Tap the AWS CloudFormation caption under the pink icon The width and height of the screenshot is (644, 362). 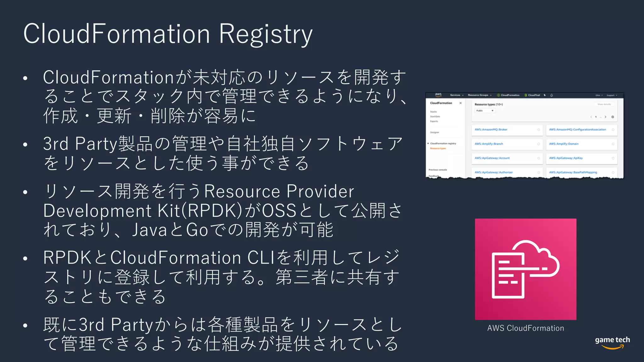[525, 328]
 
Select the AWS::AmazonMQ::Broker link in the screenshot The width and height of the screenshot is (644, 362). [491, 129]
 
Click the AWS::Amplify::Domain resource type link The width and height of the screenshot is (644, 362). [563, 144]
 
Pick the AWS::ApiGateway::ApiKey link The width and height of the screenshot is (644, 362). [566, 158]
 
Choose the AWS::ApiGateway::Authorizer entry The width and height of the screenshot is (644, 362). [493, 173]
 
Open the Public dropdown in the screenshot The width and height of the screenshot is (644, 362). [485, 111]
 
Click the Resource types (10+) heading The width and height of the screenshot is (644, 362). [489, 104]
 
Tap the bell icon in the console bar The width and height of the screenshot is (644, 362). [552, 95]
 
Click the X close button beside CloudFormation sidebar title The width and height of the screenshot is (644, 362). [460, 103]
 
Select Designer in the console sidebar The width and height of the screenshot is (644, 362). [434, 133]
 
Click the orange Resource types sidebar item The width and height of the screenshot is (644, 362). [438, 148]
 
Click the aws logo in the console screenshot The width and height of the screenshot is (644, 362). [438, 95]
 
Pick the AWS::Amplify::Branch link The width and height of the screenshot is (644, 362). [489, 144]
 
